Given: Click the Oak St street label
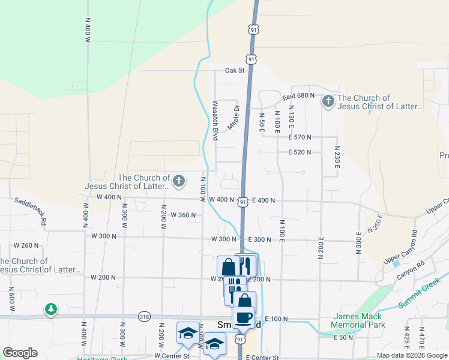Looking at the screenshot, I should pos(235,70).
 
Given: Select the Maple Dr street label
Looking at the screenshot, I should pos(234,118).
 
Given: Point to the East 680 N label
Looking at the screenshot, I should pos(298,96).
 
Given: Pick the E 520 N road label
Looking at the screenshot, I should pos(299,152).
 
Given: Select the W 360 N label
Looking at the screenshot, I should pos(183,215).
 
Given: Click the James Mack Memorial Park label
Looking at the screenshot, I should pos(359,320).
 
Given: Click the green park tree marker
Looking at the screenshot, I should pos(51,310).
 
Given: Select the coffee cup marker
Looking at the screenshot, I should pos(243,317).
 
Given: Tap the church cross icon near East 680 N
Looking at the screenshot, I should pos(328,101).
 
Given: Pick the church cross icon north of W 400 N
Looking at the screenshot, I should pos(179,181).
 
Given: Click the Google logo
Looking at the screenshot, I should pos(20,353).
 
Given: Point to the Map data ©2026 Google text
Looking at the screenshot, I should pos(412,355).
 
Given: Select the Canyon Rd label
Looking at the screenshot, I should pos(408,278).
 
